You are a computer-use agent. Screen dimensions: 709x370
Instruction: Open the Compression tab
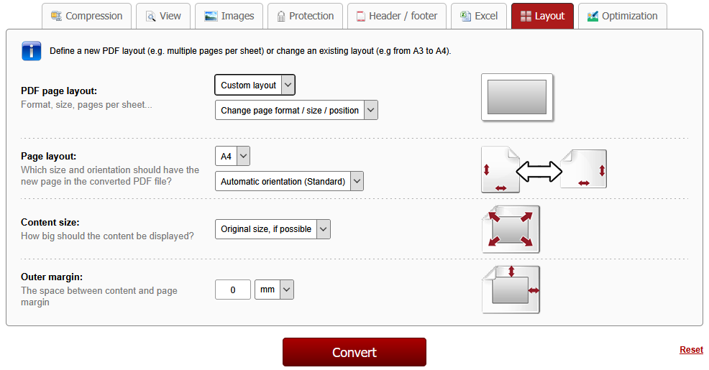(x=86, y=17)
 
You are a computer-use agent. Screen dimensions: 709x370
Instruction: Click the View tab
(x=163, y=17)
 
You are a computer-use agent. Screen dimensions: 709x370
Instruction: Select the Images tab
(x=229, y=17)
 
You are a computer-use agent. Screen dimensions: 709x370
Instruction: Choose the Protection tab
(x=305, y=17)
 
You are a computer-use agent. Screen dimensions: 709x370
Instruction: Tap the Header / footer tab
(x=397, y=17)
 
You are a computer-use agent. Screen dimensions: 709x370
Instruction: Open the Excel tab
(x=479, y=17)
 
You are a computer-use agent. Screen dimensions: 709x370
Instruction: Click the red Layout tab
(x=543, y=17)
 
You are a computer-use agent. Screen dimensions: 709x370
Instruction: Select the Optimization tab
(x=623, y=17)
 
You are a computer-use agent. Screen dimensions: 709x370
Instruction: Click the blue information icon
(x=31, y=51)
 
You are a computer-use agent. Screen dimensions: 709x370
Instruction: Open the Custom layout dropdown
(x=255, y=85)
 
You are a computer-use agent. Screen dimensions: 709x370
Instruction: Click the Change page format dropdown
(x=296, y=110)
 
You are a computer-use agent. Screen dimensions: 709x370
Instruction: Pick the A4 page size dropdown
(x=232, y=157)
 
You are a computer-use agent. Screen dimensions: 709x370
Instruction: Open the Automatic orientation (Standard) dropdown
(x=289, y=181)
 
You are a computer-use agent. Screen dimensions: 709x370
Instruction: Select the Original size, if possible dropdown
(x=273, y=229)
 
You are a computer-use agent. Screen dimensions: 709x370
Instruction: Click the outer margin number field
(x=233, y=290)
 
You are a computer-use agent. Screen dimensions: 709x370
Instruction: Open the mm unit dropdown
(x=274, y=290)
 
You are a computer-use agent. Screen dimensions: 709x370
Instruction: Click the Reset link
(x=691, y=350)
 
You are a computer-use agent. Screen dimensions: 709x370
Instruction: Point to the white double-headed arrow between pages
(x=539, y=172)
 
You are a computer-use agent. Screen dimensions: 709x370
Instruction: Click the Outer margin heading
(x=52, y=277)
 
